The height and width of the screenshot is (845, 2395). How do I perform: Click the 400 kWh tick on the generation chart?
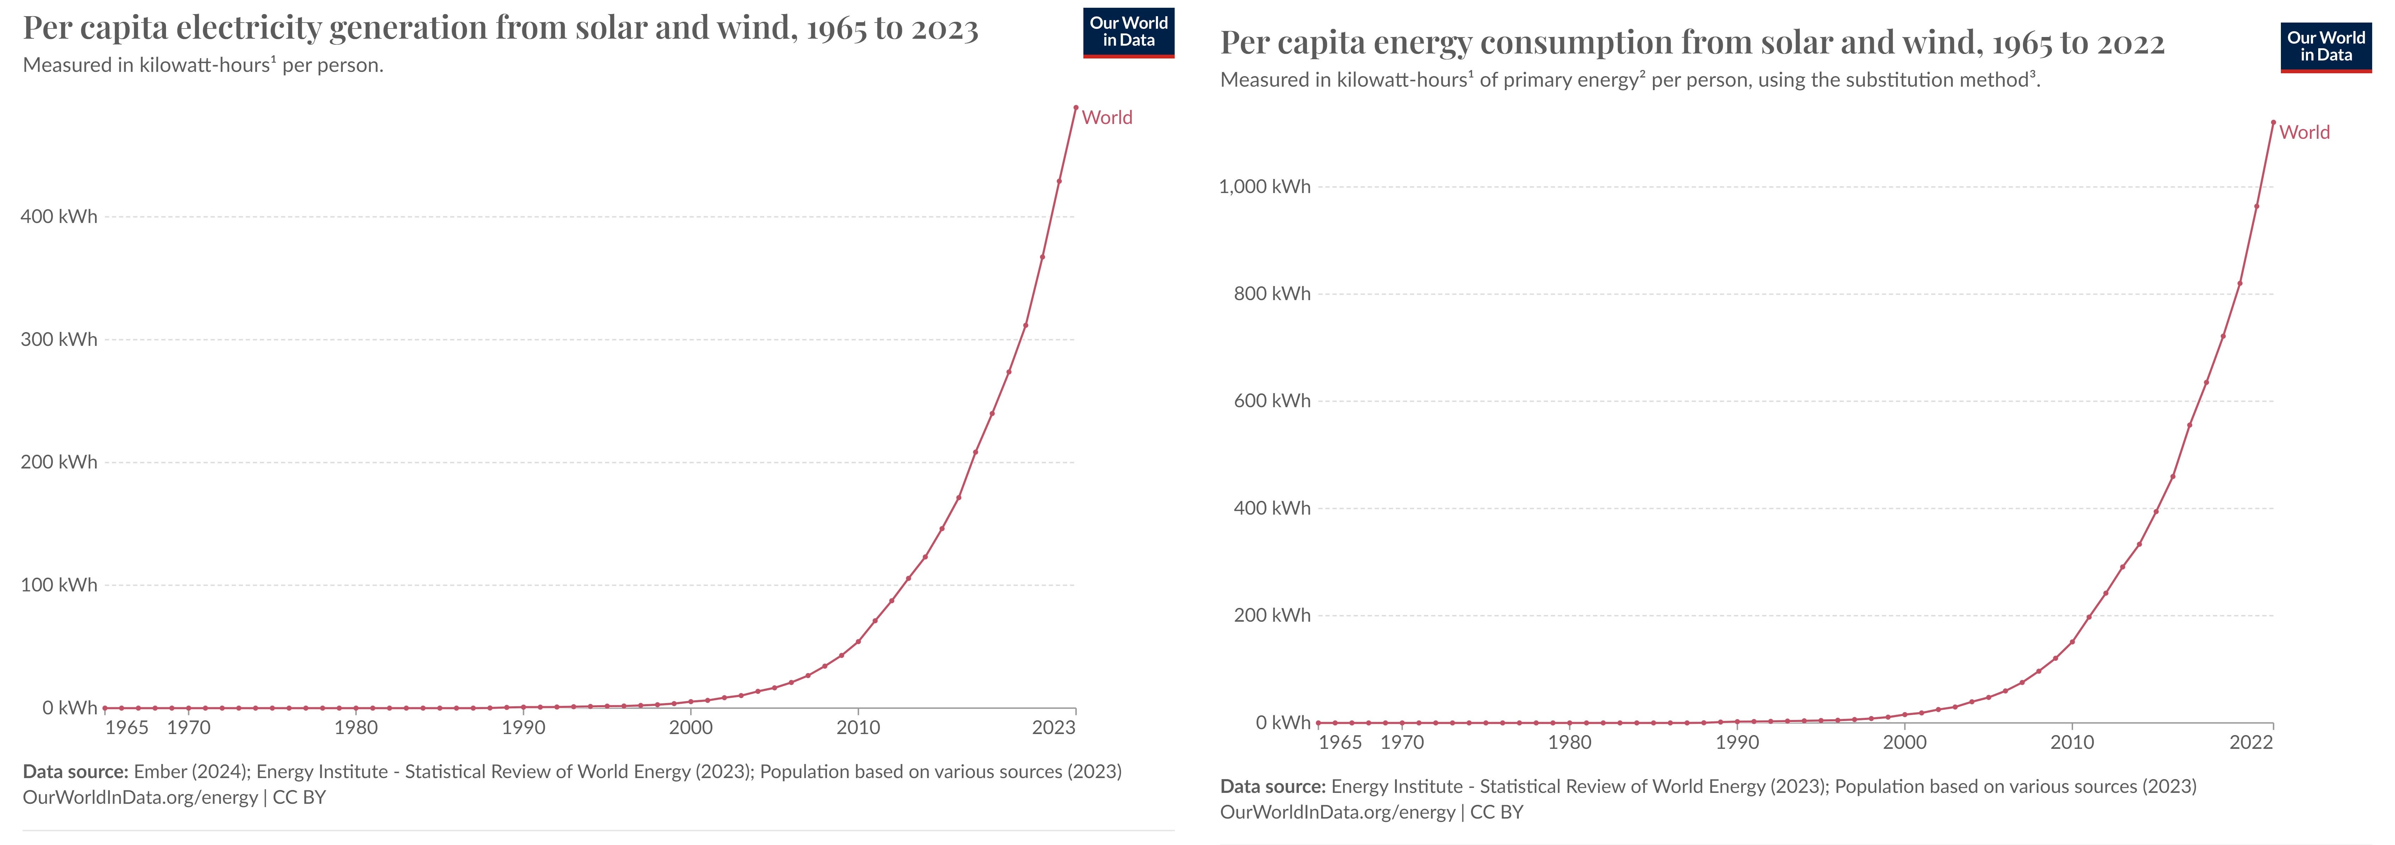58,217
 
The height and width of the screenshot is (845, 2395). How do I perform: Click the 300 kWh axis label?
58,339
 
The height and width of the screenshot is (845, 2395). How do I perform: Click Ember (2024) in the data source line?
191,772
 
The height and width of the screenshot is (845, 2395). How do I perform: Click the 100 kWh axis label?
58,585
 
